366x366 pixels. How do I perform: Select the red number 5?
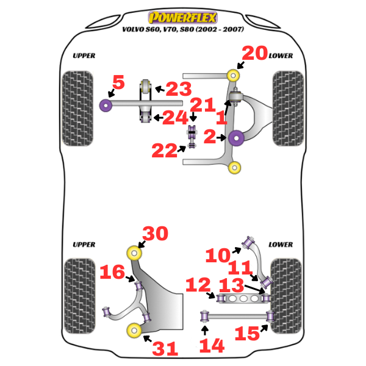118,82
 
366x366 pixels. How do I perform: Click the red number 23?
179,89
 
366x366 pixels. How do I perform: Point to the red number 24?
175,117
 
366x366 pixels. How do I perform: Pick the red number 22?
164,150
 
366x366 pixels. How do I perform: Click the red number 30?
154,234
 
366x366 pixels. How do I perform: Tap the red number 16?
113,271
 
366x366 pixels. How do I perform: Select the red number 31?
165,349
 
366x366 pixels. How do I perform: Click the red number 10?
218,255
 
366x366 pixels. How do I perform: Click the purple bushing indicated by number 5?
105,106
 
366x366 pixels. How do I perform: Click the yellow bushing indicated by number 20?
233,75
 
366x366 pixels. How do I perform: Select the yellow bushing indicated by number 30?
133,251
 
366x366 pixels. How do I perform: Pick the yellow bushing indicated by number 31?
133,331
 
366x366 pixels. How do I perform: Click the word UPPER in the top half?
84,56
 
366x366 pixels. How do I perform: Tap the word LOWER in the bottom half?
281,245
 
